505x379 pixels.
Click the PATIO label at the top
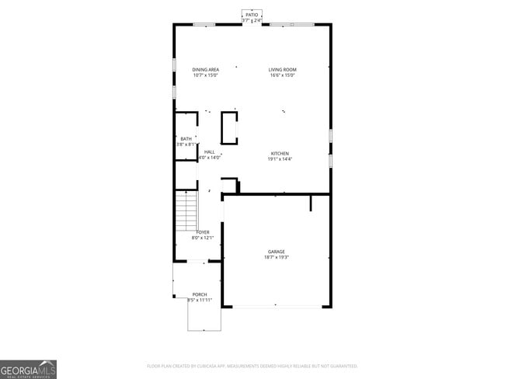(251, 15)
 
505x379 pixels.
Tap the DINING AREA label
(206, 70)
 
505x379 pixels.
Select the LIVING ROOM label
(283, 70)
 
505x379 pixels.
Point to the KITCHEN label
(280, 153)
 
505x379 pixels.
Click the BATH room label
(186, 139)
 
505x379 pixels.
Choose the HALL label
(209, 152)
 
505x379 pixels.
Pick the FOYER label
(203, 232)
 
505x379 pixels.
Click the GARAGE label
(277, 252)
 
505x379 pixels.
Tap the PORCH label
(200, 294)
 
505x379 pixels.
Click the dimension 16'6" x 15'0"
(283, 75)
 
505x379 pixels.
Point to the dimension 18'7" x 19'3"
(277, 257)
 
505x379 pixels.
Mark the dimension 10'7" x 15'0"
(206, 75)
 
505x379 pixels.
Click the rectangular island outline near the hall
(230, 128)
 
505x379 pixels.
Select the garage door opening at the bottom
(277, 307)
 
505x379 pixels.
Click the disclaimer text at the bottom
(252, 366)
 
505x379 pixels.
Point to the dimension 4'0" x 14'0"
(209, 158)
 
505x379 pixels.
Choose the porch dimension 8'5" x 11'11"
(200, 300)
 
